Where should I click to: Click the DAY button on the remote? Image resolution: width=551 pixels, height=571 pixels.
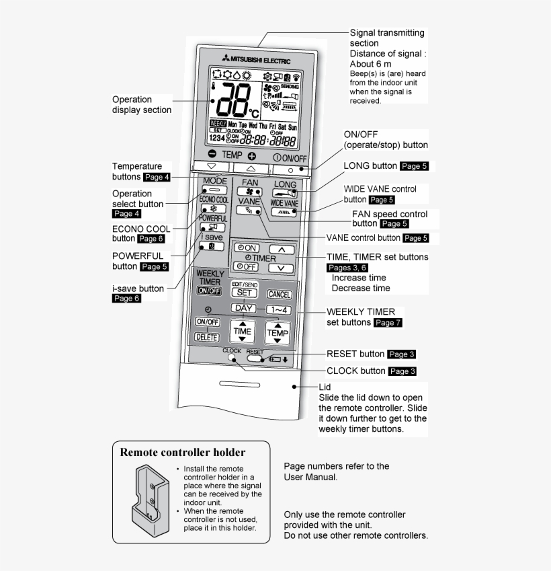[x=244, y=308]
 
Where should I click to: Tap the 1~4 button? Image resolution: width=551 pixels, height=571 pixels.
[x=278, y=310]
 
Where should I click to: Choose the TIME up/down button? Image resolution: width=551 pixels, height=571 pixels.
[x=242, y=331]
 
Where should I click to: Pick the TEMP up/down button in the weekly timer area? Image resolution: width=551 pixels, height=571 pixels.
[x=278, y=332]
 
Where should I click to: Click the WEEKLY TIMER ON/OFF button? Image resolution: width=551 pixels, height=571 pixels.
[x=208, y=291]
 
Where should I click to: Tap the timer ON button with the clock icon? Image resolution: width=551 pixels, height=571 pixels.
[x=245, y=248]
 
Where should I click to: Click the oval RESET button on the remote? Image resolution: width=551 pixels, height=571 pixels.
[x=255, y=358]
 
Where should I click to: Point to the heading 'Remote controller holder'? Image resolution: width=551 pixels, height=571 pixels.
[x=182, y=453]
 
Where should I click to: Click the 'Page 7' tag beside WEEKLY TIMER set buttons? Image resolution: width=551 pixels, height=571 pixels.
[x=388, y=323]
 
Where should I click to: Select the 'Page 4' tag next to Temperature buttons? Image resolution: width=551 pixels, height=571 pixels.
[x=157, y=177]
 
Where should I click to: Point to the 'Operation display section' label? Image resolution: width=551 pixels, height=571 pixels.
[x=142, y=105]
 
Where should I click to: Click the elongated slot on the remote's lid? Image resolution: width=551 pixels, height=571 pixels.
[x=239, y=385]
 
